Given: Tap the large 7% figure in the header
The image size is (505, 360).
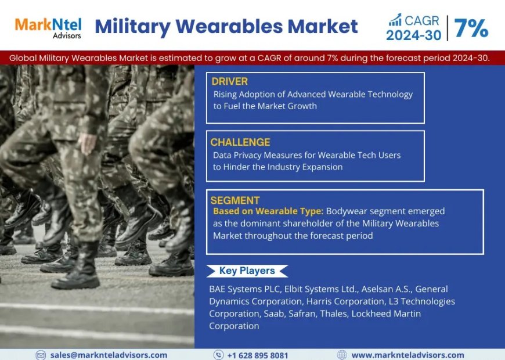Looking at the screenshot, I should coord(471,27).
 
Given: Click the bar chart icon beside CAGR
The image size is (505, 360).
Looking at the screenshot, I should coord(396,19).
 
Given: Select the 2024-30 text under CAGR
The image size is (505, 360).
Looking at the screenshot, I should coord(413,35).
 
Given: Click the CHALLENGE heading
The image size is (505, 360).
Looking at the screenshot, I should coord(240,142).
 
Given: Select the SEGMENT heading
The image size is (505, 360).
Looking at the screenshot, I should coord(236,200).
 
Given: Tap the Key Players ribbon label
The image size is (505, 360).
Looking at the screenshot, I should coord(247,271).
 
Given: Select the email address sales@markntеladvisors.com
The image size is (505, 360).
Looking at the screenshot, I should coord(109,355).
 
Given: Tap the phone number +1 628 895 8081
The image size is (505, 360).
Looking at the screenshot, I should coord(257,355).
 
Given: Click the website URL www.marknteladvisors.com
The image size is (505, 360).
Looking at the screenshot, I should coord(407,355).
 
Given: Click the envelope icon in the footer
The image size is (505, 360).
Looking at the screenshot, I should coord(41,355).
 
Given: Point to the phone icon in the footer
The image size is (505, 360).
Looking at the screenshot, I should coord(218,355).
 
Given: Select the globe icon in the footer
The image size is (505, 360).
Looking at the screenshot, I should coord(342,355).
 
